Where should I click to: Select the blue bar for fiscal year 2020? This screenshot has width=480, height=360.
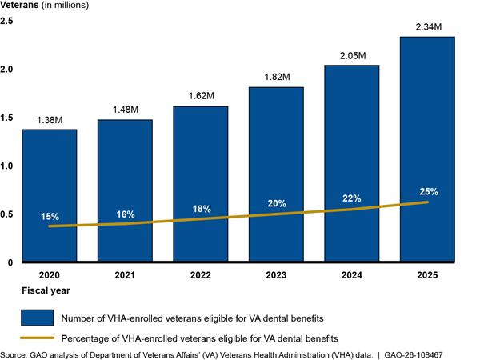[50, 195]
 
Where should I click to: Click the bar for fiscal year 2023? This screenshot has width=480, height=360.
[276, 174]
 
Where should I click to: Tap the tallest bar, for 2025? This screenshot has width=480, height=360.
[427, 149]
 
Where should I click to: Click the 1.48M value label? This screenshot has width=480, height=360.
[126, 110]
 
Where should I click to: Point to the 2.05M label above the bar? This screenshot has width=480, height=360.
[353, 56]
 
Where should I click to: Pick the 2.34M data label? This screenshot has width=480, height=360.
[429, 27]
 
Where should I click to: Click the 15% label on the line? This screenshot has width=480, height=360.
[50, 217]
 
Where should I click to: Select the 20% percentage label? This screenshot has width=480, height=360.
[277, 203]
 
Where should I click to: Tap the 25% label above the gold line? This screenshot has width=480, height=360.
[429, 192]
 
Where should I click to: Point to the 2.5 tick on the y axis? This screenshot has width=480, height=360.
[6, 21]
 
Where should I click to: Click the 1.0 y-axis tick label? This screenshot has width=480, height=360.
[6, 166]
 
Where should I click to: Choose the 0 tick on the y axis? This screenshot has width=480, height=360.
[10, 262]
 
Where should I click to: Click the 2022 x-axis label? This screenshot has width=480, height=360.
[201, 275]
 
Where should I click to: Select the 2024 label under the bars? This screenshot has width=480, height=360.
[352, 275]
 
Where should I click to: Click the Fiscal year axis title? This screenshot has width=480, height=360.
[46, 290]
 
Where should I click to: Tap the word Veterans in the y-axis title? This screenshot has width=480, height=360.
[19, 5]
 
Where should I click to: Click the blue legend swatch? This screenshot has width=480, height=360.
[37, 318]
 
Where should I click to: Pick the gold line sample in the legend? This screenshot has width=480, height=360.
[37, 338]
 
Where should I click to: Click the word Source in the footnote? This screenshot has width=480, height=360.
[14, 355]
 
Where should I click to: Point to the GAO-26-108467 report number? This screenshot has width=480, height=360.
[414, 355]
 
